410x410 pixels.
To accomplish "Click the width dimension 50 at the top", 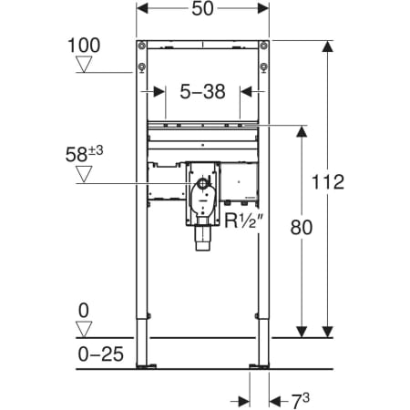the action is pos(202,9).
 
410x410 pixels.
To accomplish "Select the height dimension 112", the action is pos(328,182).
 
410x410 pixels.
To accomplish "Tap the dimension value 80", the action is pos(301,228).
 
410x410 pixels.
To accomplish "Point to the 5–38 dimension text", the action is pos(202,91).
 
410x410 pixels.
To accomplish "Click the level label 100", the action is pos(84,46).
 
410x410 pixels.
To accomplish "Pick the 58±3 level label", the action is pos(84,154).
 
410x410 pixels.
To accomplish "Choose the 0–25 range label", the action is pos(101,354).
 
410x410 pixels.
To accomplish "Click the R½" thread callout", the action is pos(242,220).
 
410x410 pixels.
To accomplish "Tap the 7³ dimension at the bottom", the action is pos(301,401).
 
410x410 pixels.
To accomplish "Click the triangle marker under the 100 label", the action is pos(84,64).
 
